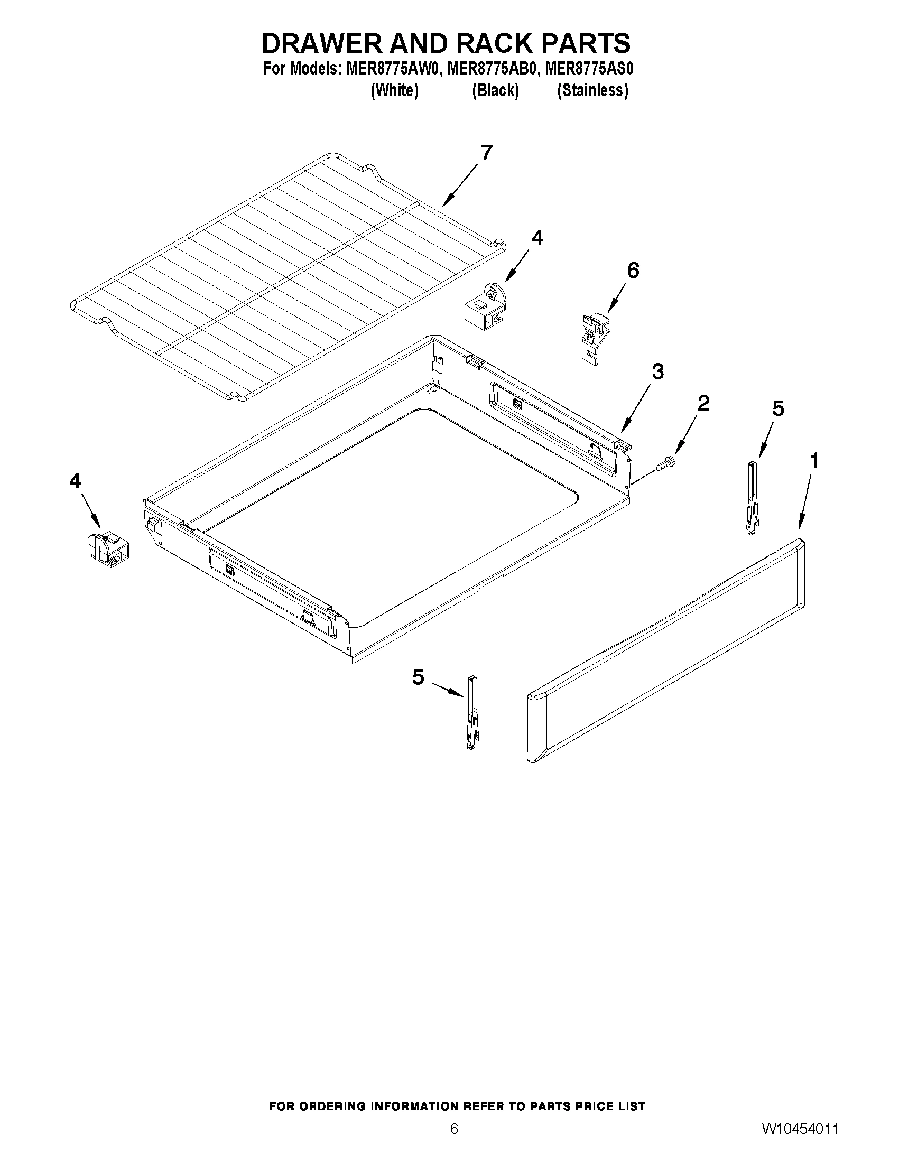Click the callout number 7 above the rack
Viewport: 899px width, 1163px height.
pyautogui.click(x=486, y=153)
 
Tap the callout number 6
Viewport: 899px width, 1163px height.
pyautogui.click(x=633, y=271)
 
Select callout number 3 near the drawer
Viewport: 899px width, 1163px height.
pyautogui.click(x=658, y=371)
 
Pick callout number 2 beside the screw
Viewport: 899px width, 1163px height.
pyautogui.click(x=703, y=403)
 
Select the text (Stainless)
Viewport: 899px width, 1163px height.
pyautogui.click(x=592, y=90)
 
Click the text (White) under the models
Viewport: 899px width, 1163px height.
pyautogui.click(x=394, y=90)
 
